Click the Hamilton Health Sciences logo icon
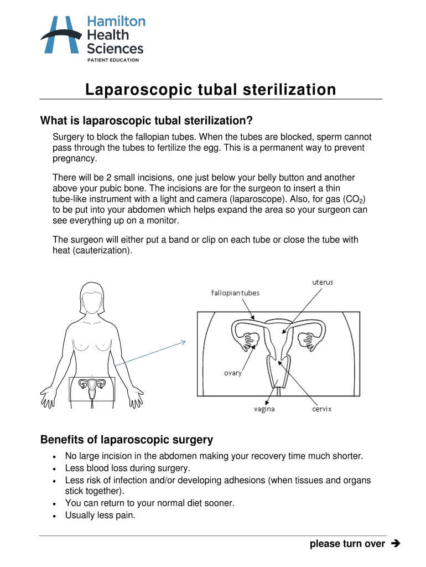(60, 35)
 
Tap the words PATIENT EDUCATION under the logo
(113, 60)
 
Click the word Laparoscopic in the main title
(138, 90)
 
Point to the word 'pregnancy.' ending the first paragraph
(75, 158)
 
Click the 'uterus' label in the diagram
(323, 282)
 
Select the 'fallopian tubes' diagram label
(235, 292)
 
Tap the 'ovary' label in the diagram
(232, 373)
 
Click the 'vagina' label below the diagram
(264, 409)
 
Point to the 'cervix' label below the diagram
(321, 409)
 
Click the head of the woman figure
(92, 297)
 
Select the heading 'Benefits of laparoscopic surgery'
(127, 440)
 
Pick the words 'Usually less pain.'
(100, 515)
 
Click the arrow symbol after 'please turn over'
(394, 544)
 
